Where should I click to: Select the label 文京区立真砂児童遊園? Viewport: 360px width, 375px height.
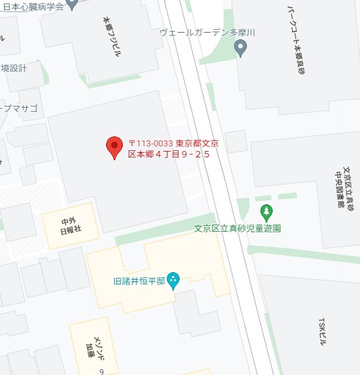click(238, 228)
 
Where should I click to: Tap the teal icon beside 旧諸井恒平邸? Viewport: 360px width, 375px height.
click(173, 281)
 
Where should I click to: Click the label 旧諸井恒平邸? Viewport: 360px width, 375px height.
click(138, 281)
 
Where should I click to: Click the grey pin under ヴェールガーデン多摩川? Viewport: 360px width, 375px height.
click(241, 49)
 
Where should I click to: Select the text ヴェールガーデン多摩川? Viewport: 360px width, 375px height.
click(208, 33)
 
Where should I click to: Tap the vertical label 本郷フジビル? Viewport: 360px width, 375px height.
click(111, 36)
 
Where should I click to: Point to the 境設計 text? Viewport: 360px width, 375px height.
click(14, 68)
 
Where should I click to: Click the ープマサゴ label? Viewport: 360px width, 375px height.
click(19, 108)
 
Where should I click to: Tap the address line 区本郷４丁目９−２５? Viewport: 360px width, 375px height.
click(169, 154)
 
